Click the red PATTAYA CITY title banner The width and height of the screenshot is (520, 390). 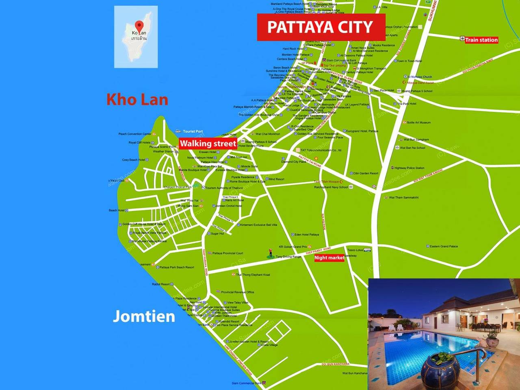[321, 27]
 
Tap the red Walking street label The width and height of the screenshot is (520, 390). [208, 143]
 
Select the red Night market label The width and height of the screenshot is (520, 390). [329, 258]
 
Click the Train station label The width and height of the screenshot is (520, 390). [481, 40]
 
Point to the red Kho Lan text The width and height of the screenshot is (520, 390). [137, 100]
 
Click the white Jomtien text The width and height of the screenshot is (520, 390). [144, 316]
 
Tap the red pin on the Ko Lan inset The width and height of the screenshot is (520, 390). [139, 25]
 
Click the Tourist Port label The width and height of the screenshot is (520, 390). [192, 131]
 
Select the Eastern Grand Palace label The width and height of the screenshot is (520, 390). [444, 246]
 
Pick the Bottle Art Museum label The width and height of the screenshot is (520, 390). [418, 122]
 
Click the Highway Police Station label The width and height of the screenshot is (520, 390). [409, 168]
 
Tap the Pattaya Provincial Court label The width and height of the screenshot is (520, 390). [227, 253]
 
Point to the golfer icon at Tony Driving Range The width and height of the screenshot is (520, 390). [270, 253]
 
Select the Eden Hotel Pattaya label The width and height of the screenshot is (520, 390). [307, 234]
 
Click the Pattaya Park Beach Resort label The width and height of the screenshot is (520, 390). [176, 267]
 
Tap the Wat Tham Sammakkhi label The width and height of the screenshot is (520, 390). [403, 197]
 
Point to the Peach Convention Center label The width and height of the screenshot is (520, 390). [135, 134]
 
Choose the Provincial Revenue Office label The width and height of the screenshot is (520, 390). [237, 292]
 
